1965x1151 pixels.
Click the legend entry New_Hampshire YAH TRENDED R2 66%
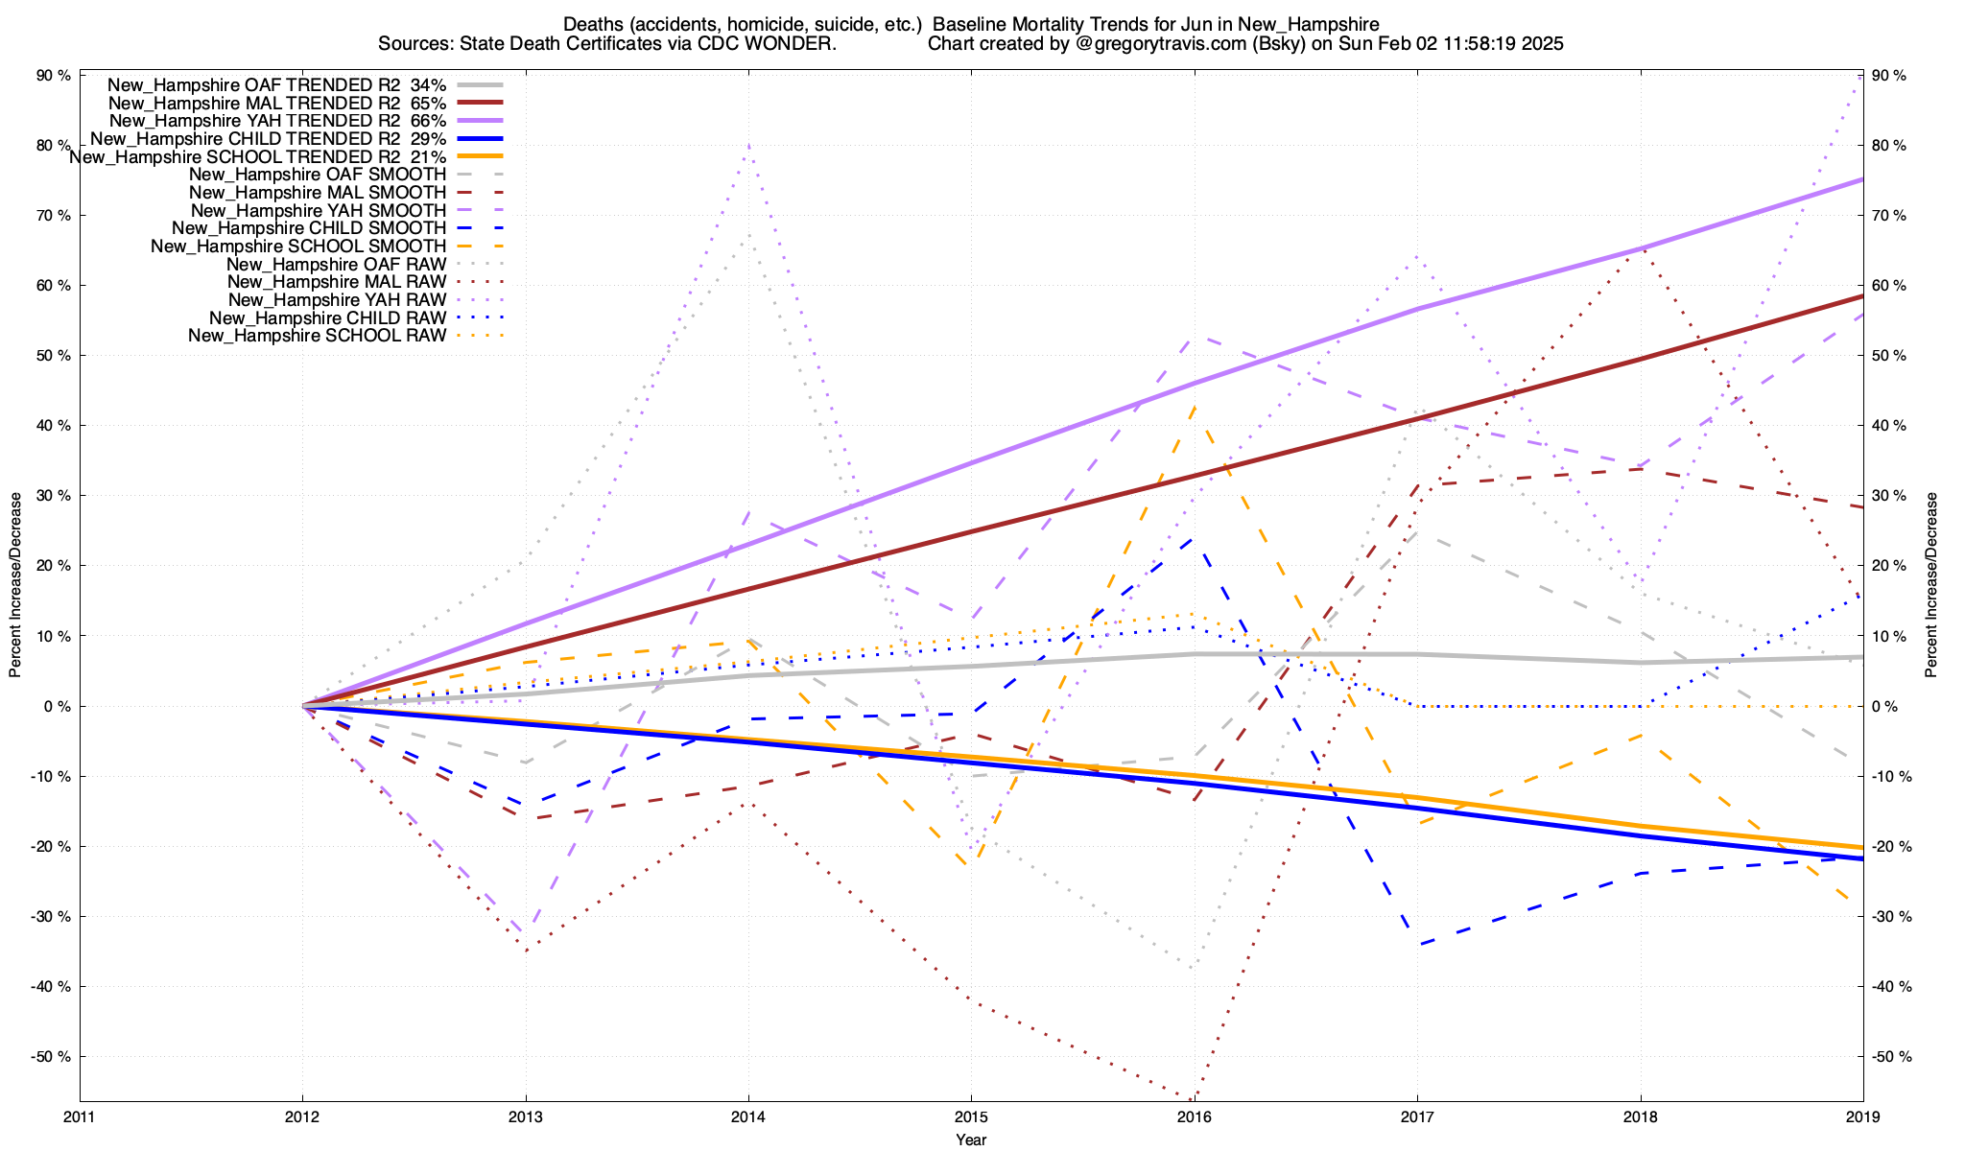[277, 121]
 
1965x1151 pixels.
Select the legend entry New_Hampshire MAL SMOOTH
[318, 193]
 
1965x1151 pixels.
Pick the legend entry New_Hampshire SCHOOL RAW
[317, 336]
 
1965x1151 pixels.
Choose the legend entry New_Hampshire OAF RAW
[336, 264]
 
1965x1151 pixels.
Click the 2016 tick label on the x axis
[1194, 1117]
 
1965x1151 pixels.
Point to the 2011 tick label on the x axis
[80, 1117]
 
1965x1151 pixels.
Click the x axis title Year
[971, 1140]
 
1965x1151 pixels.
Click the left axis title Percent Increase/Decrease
[15, 585]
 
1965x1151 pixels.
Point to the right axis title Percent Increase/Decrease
[1931, 585]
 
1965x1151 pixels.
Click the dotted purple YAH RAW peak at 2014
[748, 145]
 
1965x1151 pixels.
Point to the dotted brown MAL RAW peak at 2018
[1641, 249]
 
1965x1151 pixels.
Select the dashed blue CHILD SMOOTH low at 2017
[1417, 945]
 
